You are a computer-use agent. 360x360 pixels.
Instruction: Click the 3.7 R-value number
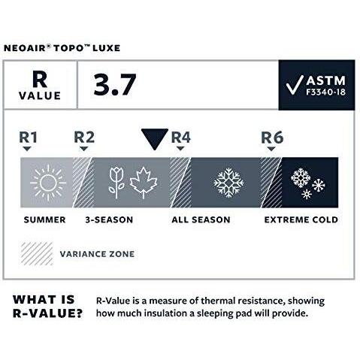click(116, 85)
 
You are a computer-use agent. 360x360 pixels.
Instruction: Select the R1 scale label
click(29, 138)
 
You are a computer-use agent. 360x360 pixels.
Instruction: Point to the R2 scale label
click(84, 138)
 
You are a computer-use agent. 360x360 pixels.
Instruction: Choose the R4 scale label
click(181, 138)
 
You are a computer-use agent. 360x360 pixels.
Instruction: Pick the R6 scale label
click(271, 138)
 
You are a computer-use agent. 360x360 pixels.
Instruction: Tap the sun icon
click(48, 182)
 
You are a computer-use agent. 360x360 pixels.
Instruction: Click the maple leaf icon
click(144, 182)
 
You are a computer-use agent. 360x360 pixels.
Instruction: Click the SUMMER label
click(44, 219)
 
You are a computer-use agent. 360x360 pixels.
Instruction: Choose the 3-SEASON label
click(109, 219)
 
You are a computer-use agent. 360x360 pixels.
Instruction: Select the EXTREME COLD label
click(301, 219)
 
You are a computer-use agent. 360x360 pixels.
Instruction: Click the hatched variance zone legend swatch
click(35, 253)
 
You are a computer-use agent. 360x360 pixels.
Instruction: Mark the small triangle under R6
click(271, 150)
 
